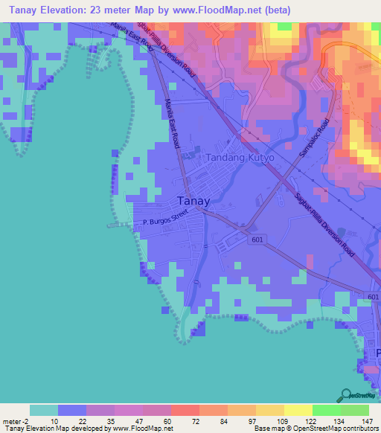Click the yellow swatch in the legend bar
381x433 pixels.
point(269,410)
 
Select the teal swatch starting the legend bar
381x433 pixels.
point(44,410)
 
